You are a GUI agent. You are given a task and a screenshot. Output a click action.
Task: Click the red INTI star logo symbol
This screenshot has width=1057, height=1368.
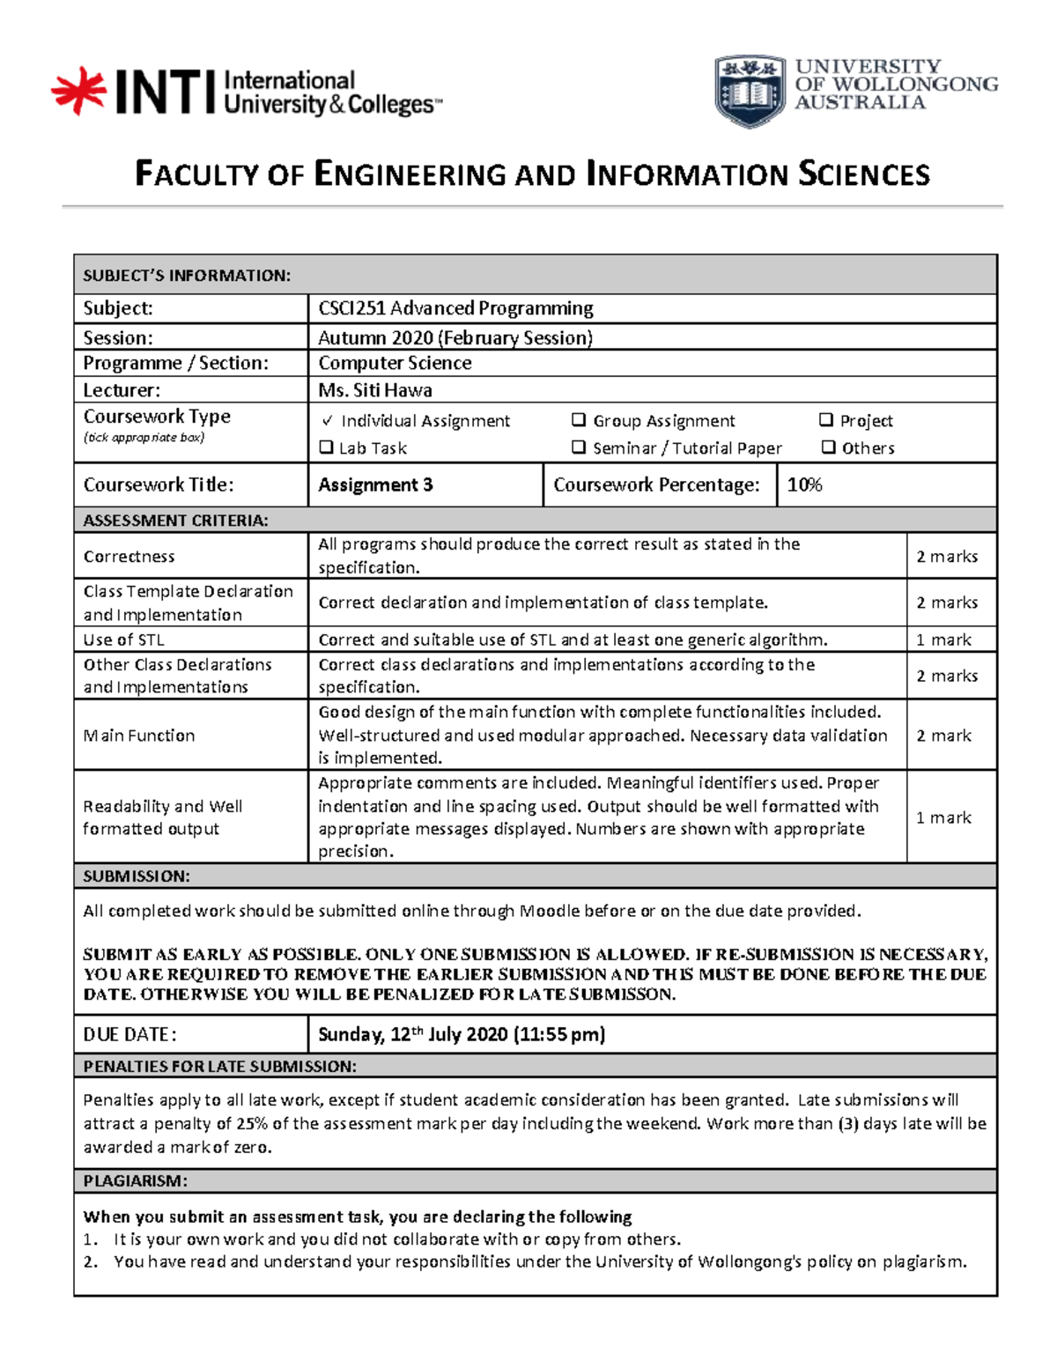tap(78, 91)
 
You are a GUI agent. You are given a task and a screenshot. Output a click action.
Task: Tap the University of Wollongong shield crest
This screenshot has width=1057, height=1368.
tap(750, 92)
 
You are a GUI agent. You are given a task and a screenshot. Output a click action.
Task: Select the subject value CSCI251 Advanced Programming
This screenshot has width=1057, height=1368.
tap(455, 308)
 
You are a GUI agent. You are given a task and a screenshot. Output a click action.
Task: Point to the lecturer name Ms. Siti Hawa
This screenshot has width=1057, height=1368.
tap(375, 389)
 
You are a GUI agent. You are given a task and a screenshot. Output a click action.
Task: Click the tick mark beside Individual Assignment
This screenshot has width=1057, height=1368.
tap(327, 421)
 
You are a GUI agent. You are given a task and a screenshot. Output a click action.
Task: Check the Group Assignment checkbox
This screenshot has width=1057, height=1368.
tap(579, 420)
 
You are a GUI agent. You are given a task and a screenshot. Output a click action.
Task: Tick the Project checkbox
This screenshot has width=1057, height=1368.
tap(826, 420)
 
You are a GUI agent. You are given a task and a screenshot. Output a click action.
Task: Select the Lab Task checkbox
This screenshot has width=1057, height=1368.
tap(326, 447)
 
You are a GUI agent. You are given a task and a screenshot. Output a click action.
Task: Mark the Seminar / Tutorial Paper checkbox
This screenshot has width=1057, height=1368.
tap(579, 447)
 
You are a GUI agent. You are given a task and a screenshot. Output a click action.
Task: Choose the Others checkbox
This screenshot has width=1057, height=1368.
tap(828, 447)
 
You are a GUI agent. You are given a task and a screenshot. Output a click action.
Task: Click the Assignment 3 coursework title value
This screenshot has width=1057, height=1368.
tap(375, 484)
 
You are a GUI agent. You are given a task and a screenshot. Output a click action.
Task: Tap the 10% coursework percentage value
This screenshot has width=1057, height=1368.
tap(804, 484)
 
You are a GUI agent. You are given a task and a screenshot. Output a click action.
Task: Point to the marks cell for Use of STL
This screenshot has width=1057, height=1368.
tap(943, 640)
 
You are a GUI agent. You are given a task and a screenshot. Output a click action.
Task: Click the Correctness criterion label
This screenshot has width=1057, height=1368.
tap(129, 557)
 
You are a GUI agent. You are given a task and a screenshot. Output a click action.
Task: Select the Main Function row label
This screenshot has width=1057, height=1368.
tap(139, 736)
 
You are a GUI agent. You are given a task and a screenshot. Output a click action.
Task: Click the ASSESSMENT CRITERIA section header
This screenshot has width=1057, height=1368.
tap(175, 521)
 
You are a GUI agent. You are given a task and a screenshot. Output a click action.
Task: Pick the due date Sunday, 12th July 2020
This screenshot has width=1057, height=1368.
tap(461, 1034)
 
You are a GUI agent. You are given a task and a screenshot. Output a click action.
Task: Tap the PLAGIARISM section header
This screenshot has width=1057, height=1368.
tap(135, 1181)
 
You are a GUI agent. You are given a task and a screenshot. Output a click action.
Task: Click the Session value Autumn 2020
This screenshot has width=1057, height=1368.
tap(455, 337)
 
